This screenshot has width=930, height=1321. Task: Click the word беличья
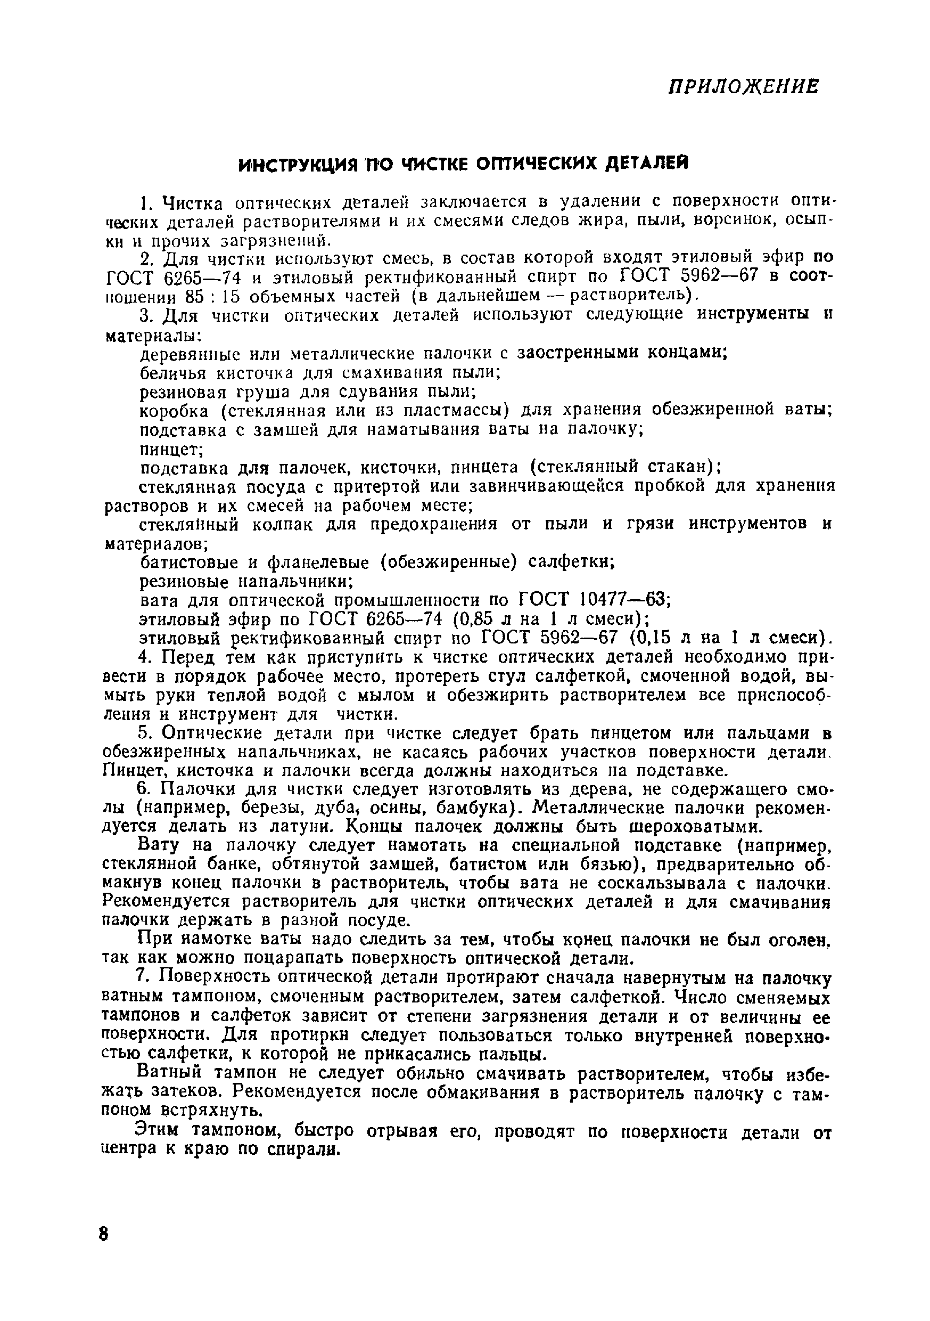(x=174, y=372)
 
